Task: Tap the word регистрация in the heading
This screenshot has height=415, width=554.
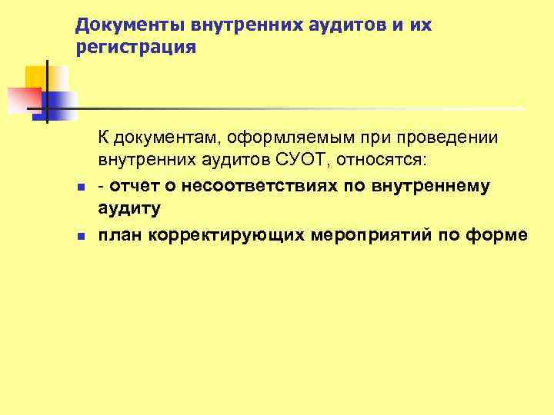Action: pyautogui.click(x=137, y=48)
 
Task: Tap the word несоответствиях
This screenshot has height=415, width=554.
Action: pyautogui.click(x=253, y=186)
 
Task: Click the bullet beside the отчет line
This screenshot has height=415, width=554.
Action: pyautogui.click(x=80, y=187)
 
